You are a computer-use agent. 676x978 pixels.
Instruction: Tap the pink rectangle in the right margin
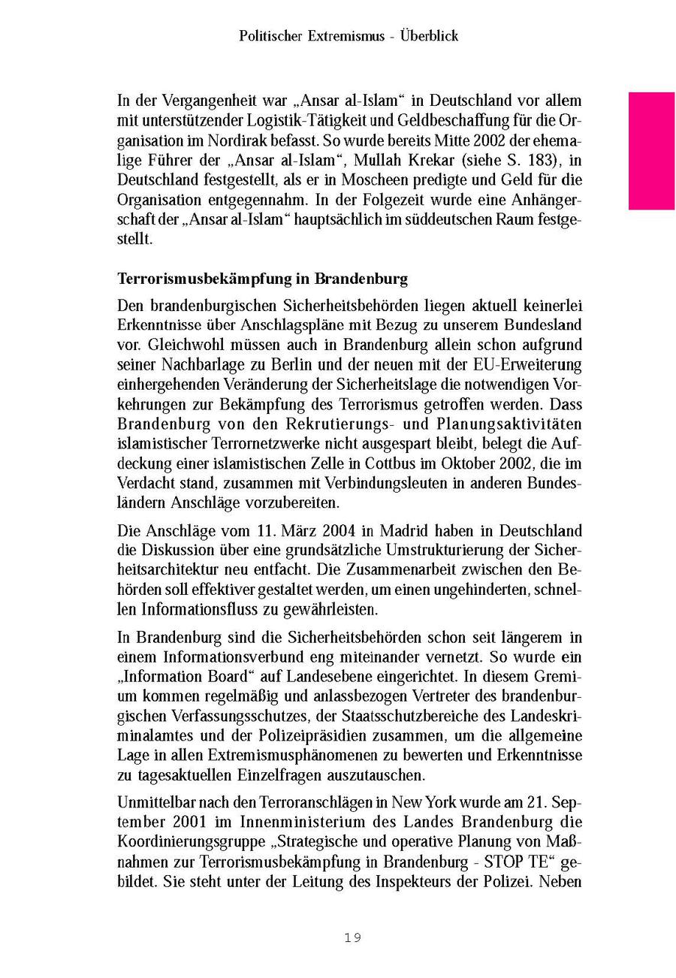click(651, 150)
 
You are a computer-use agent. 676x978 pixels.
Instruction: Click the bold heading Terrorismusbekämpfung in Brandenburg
click(263, 279)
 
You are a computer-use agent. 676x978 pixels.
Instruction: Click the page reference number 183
click(542, 161)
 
